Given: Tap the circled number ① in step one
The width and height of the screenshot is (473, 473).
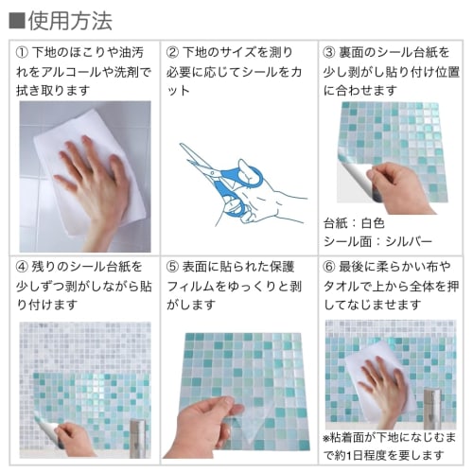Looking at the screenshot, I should tap(23, 51).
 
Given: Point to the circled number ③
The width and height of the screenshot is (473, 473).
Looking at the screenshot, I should tap(329, 51).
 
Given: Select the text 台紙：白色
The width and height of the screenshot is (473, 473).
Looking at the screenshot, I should tap(354, 223).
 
